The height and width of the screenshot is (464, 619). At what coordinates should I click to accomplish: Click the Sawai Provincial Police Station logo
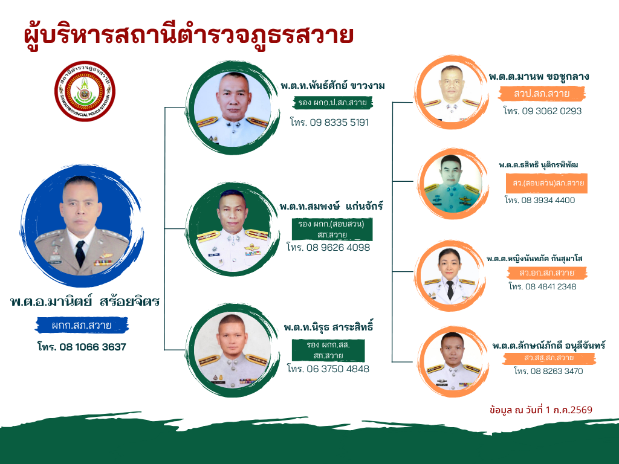(85, 91)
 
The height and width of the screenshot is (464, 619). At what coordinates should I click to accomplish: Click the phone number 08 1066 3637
(82, 347)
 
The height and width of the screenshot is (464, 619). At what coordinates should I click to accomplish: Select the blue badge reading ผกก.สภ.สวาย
(82, 326)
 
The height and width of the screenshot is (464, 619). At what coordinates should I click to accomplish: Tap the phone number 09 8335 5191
(329, 122)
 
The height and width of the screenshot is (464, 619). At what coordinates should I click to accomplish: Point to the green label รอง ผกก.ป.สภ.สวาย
(332, 103)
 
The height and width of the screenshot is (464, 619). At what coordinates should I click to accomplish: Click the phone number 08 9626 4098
(328, 247)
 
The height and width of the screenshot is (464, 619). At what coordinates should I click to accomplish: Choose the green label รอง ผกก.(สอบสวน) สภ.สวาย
(332, 229)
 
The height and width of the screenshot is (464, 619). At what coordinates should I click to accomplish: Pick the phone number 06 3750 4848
(328, 369)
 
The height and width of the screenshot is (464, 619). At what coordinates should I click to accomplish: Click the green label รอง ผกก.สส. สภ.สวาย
(328, 350)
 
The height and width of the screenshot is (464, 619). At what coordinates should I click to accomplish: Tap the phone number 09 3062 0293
(542, 111)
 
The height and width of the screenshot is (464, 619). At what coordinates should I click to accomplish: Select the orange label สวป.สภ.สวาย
(542, 94)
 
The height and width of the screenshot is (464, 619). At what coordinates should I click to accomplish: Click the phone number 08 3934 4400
(540, 200)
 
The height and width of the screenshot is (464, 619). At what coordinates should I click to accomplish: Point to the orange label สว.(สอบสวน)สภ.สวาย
(546, 183)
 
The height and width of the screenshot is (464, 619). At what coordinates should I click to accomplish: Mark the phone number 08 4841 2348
(542, 286)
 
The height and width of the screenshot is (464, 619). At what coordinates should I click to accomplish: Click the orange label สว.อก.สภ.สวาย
(546, 272)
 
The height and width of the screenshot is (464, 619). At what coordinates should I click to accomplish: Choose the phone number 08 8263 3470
(548, 371)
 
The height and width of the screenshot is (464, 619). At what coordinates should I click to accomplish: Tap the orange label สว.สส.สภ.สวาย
(549, 358)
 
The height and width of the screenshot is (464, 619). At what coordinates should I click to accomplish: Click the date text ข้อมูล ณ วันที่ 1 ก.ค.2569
(540, 410)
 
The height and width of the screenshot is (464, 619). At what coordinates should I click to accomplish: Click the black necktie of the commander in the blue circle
(80, 253)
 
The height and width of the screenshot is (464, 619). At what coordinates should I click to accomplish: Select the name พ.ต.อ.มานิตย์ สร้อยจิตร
(85, 302)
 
